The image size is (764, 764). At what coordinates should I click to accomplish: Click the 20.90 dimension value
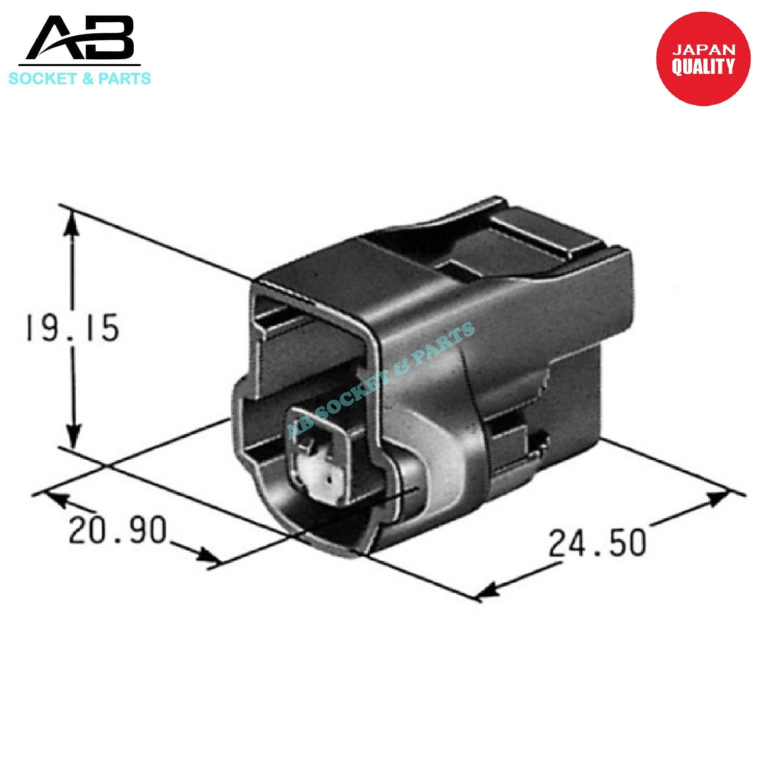click(x=117, y=531)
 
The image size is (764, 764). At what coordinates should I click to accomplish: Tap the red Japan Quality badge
click(x=703, y=59)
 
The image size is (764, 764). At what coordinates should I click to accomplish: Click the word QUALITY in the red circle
click(x=703, y=66)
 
